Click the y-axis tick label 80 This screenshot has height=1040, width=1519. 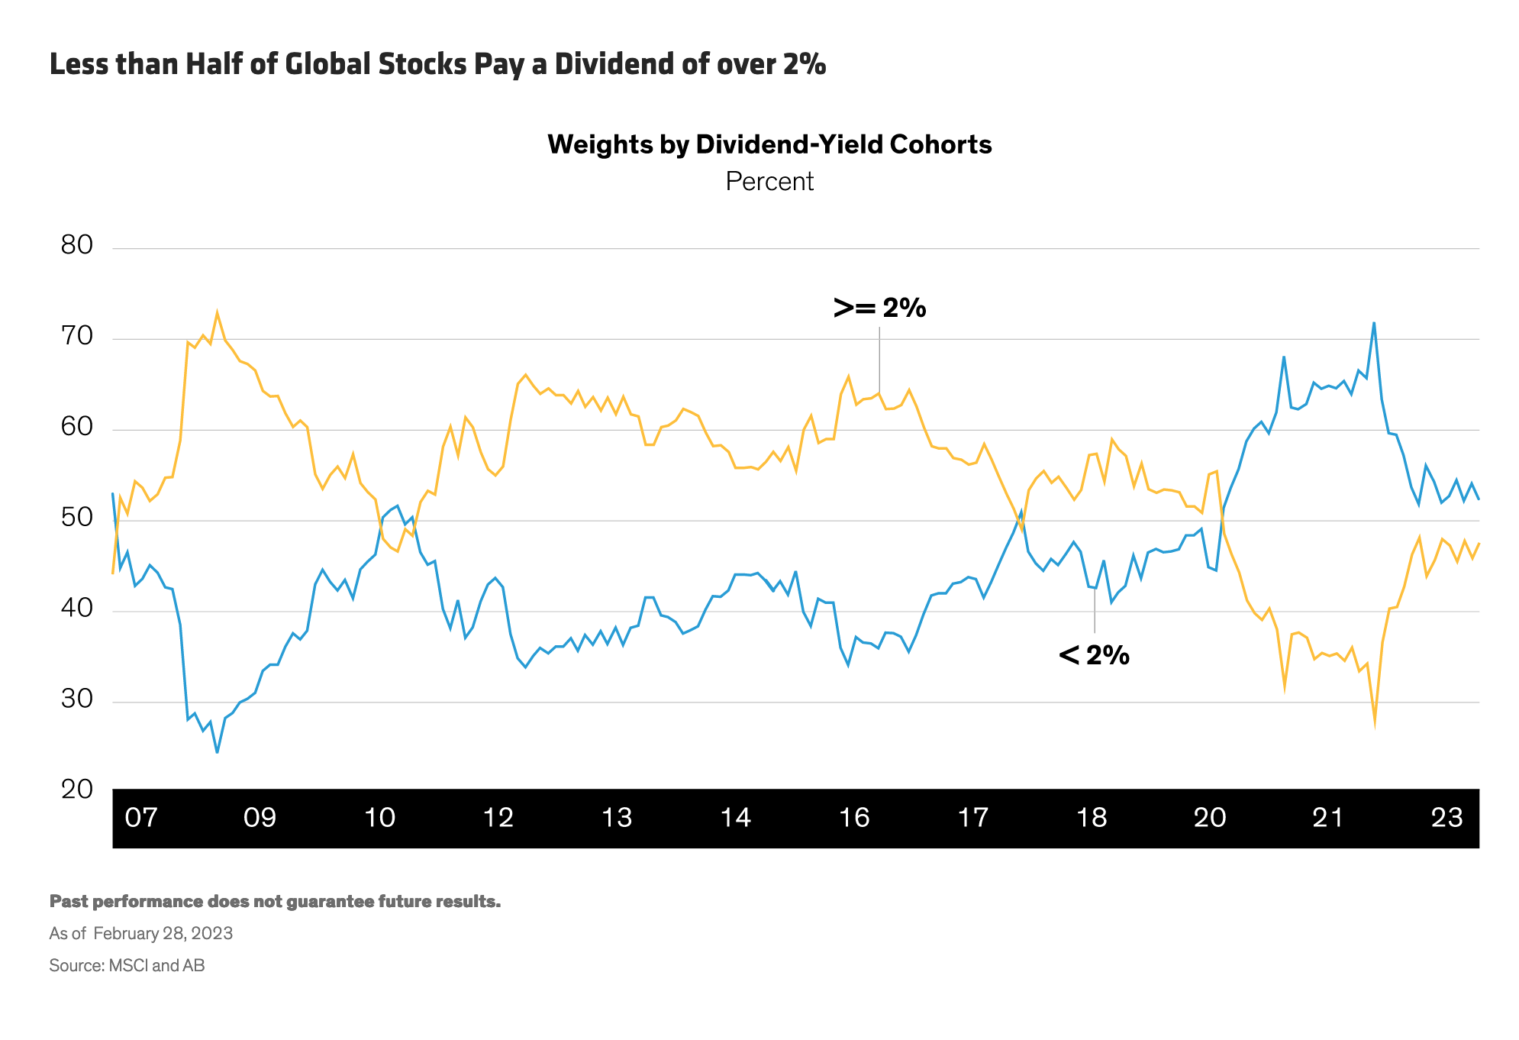tap(76, 245)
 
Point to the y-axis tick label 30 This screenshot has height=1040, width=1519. tap(76, 699)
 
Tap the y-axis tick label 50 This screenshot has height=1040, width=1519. tap(76, 518)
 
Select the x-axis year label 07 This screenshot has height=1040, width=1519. tap(141, 818)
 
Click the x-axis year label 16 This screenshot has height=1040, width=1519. tap(854, 818)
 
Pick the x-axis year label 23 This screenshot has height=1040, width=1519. tap(1446, 818)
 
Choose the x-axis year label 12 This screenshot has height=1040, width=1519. tap(498, 818)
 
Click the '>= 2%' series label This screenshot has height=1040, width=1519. tap(879, 308)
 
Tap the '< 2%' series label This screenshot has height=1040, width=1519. tap(1094, 655)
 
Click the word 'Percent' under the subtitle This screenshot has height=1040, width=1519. tap(769, 182)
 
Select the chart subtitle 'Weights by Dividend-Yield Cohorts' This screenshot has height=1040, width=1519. tap(769, 144)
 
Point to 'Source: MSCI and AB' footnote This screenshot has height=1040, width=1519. tap(127, 965)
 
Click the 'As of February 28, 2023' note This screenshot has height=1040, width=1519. tap(141, 933)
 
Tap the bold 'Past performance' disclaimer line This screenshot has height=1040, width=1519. tap(275, 901)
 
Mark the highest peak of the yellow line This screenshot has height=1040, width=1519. tap(217, 312)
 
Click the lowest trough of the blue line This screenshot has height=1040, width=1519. tap(217, 753)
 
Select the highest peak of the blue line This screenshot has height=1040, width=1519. tap(1374, 323)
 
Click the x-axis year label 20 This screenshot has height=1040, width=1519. tap(1210, 818)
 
